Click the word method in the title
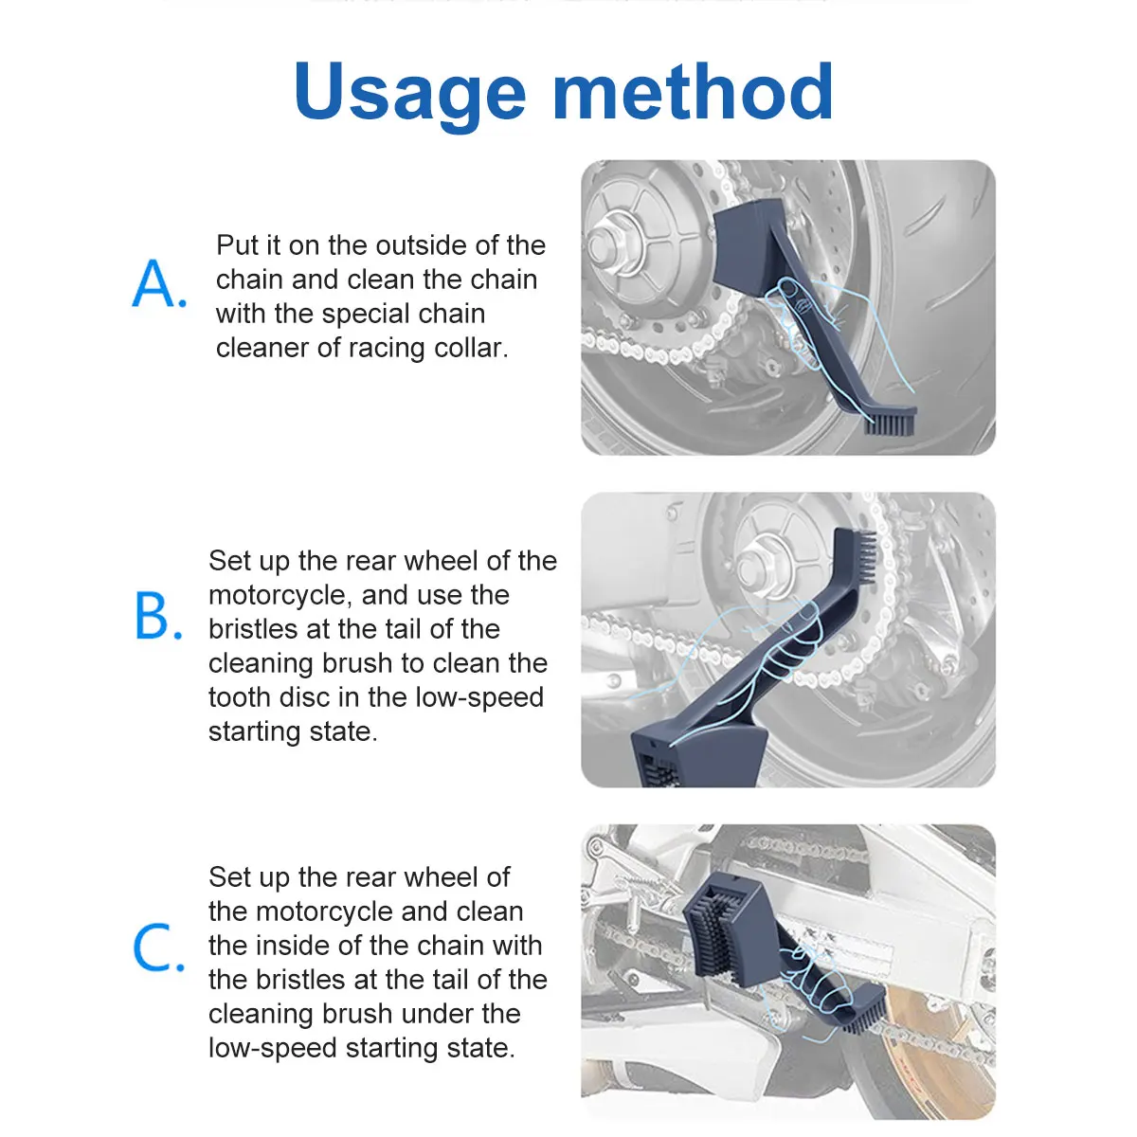(x=693, y=92)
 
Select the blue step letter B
(x=158, y=616)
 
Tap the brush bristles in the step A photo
(x=889, y=423)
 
